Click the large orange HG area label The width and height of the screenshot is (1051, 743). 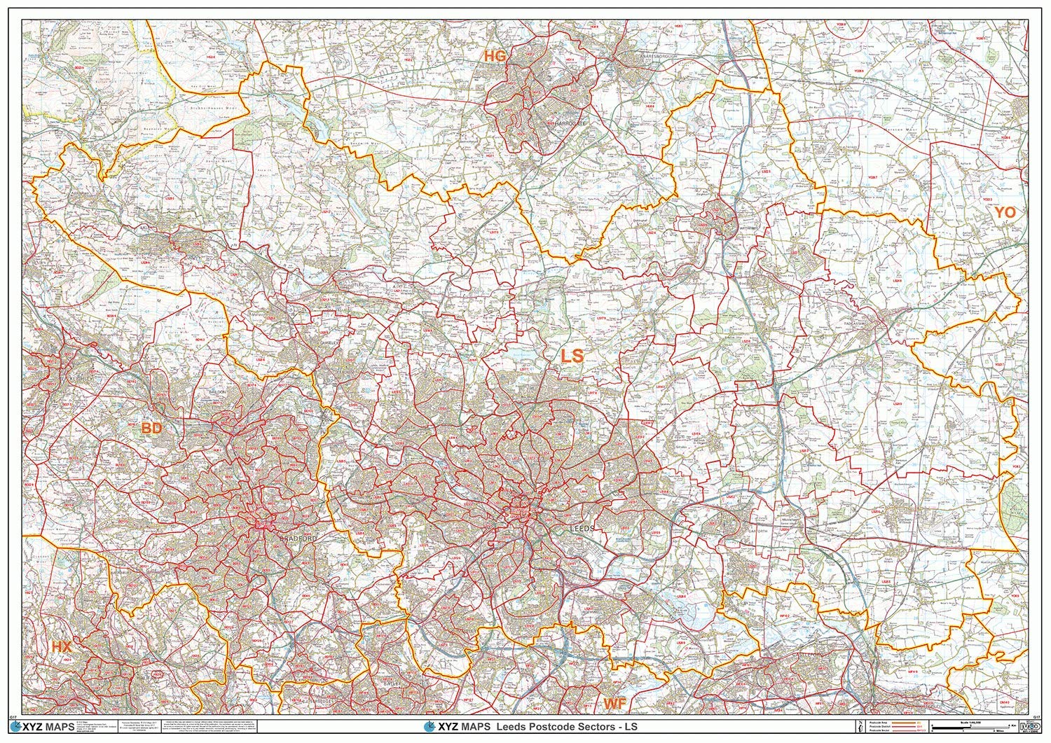[495, 57]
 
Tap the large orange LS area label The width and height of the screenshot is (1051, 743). [572, 356]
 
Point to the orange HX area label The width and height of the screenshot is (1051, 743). [62, 648]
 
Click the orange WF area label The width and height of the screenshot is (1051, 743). [614, 702]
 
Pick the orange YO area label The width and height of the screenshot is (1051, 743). [1004, 212]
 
